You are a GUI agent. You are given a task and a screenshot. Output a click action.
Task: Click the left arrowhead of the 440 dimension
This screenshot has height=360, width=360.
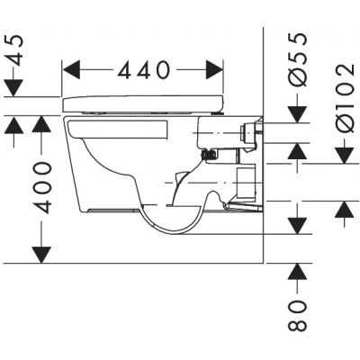(72, 69)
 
